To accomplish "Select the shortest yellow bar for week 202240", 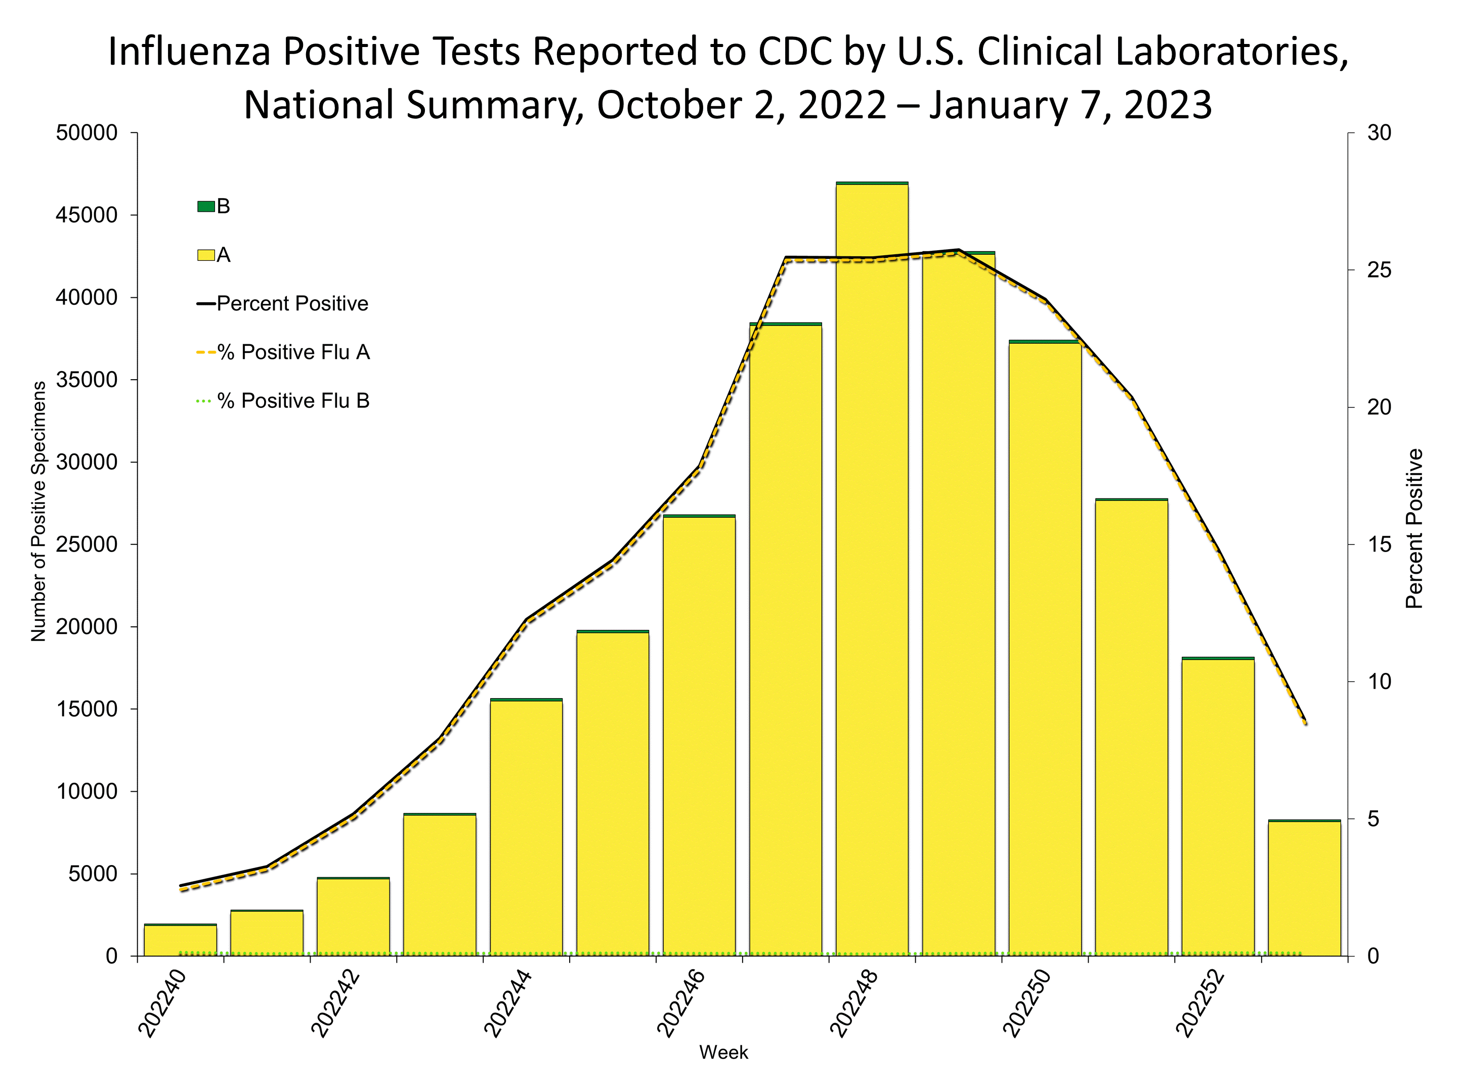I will coord(181,941).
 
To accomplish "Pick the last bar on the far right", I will coord(1305,889).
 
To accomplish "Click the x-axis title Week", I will coord(723,1053).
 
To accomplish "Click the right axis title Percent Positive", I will coord(1414,528).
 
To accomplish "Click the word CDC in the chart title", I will coord(796,52).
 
